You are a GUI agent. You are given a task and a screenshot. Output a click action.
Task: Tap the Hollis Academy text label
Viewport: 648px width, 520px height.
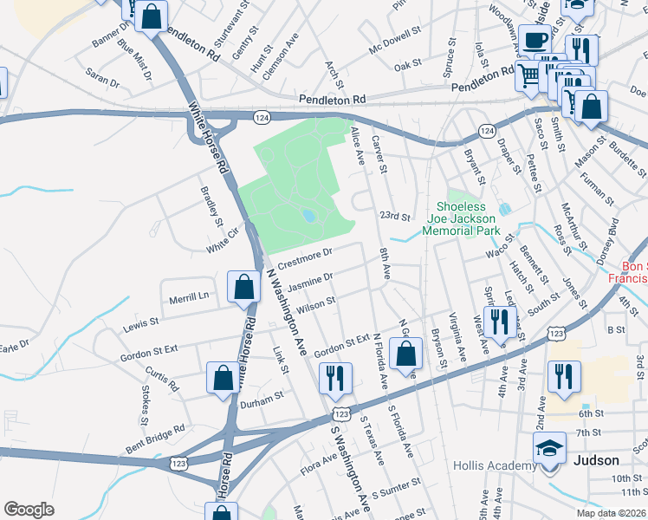pyautogui.click(x=495, y=466)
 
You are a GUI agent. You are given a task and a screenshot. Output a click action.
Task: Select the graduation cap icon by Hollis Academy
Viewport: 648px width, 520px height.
pyautogui.click(x=548, y=449)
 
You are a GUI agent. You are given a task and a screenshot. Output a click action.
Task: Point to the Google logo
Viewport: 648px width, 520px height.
pyautogui.click(x=29, y=510)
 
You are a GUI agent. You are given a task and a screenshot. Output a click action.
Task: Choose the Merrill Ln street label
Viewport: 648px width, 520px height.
pyautogui.click(x=191, y=296)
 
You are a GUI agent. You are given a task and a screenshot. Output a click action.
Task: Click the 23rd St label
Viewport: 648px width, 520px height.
pyautogui.click(x=394, y=216)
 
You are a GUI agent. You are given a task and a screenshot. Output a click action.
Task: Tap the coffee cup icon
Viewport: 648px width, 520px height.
pyautogui.click(x=535, y=40)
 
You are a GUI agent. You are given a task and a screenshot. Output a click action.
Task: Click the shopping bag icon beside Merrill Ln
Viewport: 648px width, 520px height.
pyautogui.click(x=244, y=287)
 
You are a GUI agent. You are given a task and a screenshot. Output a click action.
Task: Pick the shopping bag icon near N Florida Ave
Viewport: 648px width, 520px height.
pyautogui.click(x=405, y=354)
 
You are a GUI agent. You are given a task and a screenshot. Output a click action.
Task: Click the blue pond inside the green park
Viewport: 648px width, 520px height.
pyautogui.click(x=308, y=216)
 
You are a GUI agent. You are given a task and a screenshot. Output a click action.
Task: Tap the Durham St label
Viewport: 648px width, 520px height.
pyautogui.click(x=262, y=395)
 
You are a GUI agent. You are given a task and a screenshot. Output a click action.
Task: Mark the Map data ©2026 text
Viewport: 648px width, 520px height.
pyautogui.click(x=612, y=513)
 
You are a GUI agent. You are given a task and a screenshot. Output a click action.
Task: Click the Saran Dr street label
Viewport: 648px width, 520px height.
pyautogui.click(x=102, y=80)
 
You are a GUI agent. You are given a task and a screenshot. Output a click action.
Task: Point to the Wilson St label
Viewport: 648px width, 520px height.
pyautogui.click(x=315, y=304)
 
